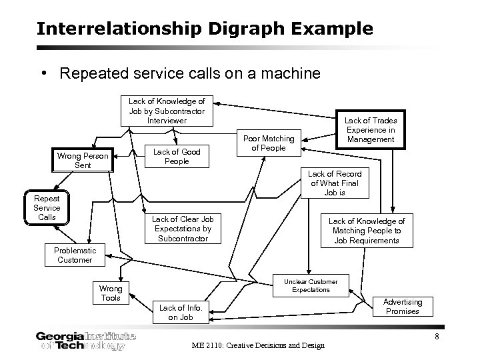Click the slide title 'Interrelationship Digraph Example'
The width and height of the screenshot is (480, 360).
(205, 29)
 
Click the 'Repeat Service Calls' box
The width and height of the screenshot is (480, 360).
(47, 208)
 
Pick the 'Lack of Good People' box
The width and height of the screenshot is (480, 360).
(177, 157)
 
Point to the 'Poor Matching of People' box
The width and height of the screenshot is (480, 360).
(264, 143)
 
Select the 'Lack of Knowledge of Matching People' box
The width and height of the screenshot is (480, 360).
(367, 231)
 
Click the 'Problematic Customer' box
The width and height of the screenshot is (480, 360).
(75, 255)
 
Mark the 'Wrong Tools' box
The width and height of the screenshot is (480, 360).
(110, 293)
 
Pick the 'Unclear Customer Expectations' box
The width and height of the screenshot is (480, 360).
(311, 285)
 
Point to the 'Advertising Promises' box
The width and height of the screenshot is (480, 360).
(402, 307)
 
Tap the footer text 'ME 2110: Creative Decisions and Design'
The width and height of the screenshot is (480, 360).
(258, 345)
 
